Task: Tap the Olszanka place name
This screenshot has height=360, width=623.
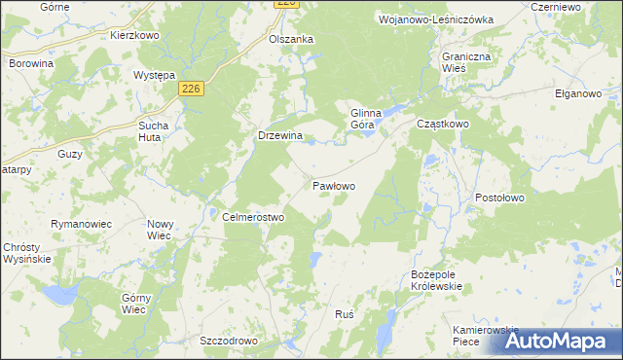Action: coord(291,39)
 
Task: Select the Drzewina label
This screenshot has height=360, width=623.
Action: coord(280,136)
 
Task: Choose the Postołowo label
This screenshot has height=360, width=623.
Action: coord(500,198)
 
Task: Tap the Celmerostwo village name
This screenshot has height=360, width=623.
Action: coord(253,218)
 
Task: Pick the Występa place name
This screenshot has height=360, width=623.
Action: coord(154,75)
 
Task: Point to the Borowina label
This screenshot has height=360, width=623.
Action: coord(31,62)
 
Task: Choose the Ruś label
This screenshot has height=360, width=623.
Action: coord(343,315)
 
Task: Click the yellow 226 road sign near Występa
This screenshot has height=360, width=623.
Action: coord(191,89)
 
